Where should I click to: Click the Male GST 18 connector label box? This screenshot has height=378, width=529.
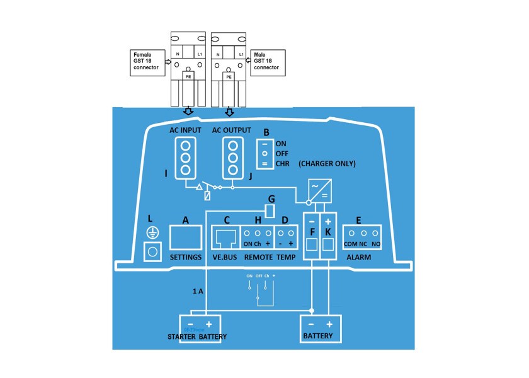(x=268, y=63)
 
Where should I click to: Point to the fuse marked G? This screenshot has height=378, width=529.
(x=270, y=210)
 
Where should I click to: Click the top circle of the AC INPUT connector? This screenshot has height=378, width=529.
(x=186, y=142)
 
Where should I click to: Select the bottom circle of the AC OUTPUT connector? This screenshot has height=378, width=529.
(x=232, y=170)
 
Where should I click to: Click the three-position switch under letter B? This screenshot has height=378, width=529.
(x=265, y=154)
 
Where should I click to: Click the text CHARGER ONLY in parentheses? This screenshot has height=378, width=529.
(x=327, y=164)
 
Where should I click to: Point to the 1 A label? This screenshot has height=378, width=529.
(x=198, y=291)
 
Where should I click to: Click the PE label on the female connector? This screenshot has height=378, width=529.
(x=188, y=76)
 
